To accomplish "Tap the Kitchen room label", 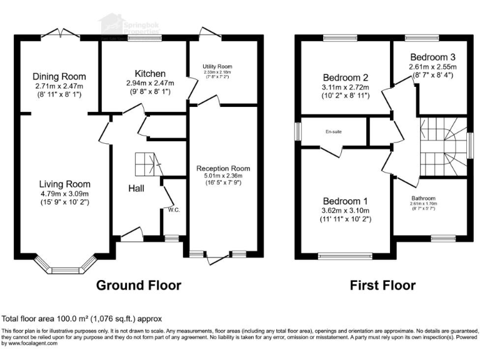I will click(145, 72).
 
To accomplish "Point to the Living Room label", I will click(64, 184).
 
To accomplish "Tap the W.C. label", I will click(174, 210).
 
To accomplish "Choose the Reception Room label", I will click(222, 169).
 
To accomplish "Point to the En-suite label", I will click(333, 132).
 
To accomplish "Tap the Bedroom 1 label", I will click(343, 201).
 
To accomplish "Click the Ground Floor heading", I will click(138, 286).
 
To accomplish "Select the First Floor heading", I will click(382, 286).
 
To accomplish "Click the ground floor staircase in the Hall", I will click(149, 166).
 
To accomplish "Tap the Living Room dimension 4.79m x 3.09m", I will click(64, 194).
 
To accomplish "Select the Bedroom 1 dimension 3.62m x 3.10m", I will click(343, 211).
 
